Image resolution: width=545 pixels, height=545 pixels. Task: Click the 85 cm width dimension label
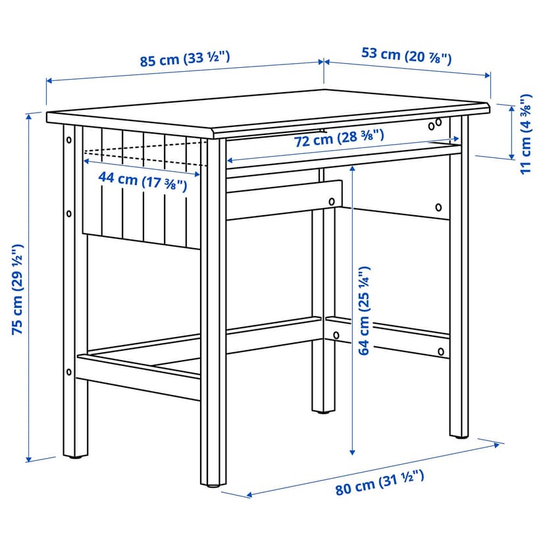coord(184,59)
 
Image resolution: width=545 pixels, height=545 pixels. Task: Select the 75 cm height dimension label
coord(17,289)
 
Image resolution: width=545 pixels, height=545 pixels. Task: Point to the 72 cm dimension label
coord(339,138)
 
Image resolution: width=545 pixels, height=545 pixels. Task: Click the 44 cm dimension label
coord(143,181)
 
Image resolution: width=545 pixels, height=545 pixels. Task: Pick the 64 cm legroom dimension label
coord(364,311)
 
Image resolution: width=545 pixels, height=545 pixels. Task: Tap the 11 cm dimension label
coord(525,134)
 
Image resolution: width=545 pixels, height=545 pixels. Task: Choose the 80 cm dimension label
coord(380,482)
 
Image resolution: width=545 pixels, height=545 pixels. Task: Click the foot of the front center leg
coord(213,485)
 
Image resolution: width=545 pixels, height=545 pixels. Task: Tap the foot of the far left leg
coord(75,456)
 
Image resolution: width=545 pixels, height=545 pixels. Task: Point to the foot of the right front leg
coord(459,436)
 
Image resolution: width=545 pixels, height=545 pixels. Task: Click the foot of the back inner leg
coord(324,411)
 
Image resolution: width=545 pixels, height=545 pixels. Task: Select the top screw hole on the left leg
coord(69,140)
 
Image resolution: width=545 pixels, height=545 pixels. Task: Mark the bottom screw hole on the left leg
coord(69,373)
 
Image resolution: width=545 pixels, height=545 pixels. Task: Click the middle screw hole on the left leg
coord(69,213)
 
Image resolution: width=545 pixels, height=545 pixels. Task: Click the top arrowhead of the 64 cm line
coord(352,169)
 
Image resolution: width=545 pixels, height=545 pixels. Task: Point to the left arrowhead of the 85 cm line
coord(49,81)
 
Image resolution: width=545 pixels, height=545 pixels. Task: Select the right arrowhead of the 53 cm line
coord(487,75)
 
